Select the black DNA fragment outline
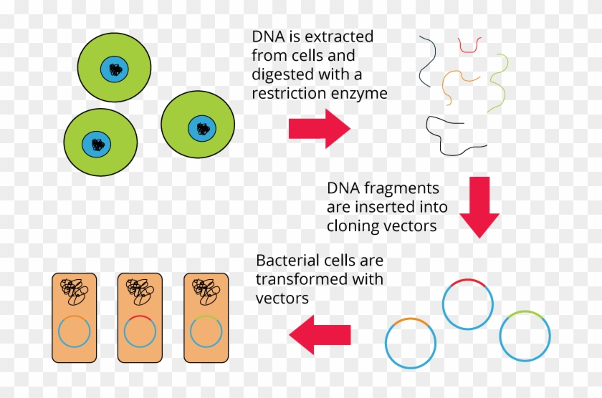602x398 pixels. [x=453, y=136]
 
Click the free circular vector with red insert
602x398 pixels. [x=468, y=304]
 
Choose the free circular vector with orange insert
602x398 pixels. [x=411, y=343]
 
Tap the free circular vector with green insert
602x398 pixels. [x=525, y=336]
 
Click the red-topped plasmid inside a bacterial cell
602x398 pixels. [x=140, y=332]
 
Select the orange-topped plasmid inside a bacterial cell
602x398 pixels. [x=74, y=332]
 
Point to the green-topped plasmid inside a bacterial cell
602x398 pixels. [x=206, y=332]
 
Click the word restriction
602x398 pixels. [x=287, y=93]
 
